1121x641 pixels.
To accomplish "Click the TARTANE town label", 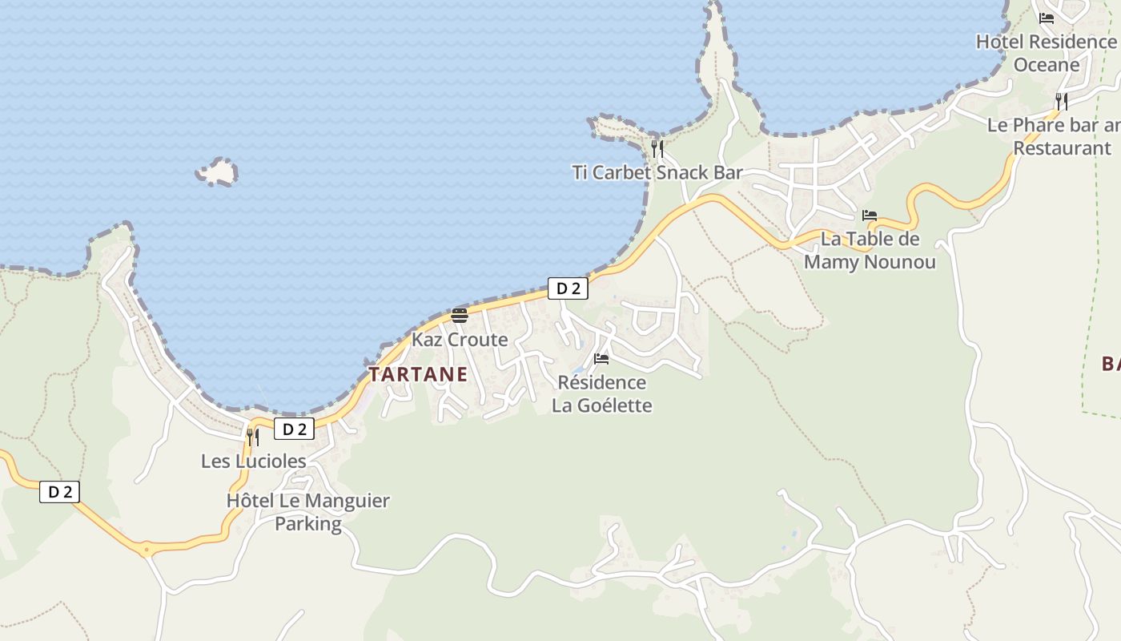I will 418,374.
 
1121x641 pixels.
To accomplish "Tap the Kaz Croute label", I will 460,340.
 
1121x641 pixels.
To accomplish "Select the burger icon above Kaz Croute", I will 460,315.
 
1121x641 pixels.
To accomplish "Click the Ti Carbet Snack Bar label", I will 657,172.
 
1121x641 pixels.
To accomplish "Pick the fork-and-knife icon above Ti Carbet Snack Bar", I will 657,148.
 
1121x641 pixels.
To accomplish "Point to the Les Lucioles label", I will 254,461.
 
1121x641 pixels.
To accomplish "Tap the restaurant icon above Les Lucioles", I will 252,437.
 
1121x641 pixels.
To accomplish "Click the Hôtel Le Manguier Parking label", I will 308,512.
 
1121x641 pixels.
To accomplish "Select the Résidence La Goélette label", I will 602,393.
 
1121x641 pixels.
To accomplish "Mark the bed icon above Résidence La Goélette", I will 601,358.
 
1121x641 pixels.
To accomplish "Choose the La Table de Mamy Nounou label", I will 870,250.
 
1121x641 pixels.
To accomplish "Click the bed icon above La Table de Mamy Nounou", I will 870,215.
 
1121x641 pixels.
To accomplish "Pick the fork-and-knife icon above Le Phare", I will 1061,101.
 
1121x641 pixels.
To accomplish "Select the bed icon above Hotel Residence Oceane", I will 1047,18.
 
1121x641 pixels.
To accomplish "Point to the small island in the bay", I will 217,171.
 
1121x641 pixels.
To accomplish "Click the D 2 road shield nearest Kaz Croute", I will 568,288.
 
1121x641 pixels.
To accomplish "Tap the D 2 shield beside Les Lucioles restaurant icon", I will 294,429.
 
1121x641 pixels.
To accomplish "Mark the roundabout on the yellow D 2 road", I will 145,549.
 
